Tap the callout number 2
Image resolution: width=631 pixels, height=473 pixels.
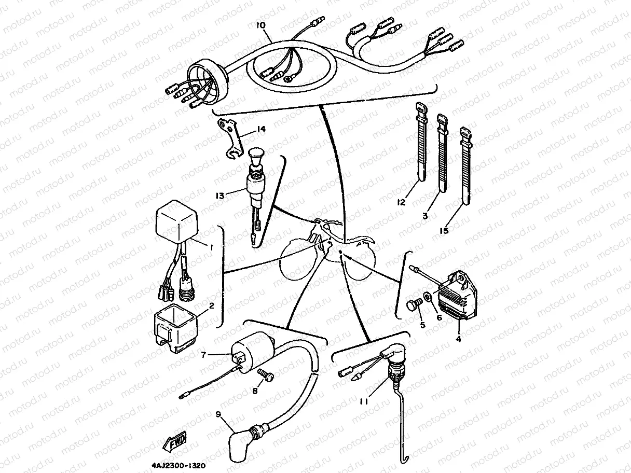[x=212, y=305]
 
